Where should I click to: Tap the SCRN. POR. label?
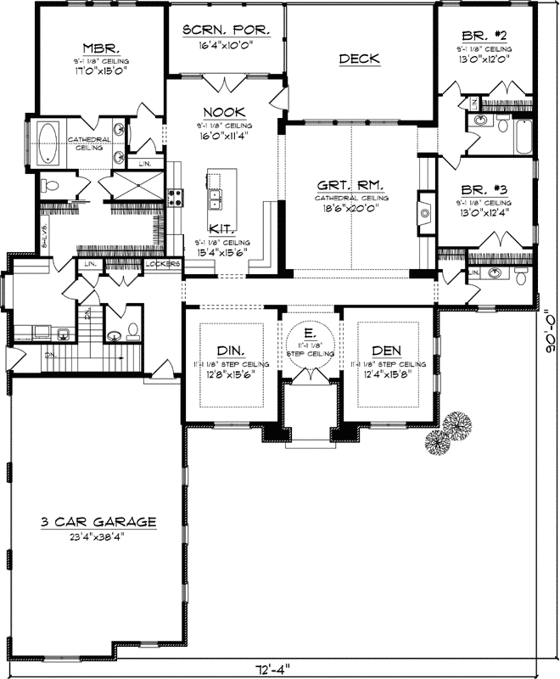(227, 31)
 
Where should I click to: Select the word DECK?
(359, 59)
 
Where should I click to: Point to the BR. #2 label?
(485, 36)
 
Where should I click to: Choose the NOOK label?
(224, 112)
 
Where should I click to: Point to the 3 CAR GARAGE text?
(97, 521)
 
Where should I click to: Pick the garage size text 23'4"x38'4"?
(97, 536)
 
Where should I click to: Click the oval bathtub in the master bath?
(47, 140)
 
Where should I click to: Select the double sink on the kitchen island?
(215, 199)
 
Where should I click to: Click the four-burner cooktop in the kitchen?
(176, 198)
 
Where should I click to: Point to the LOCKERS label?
(163, 264)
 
